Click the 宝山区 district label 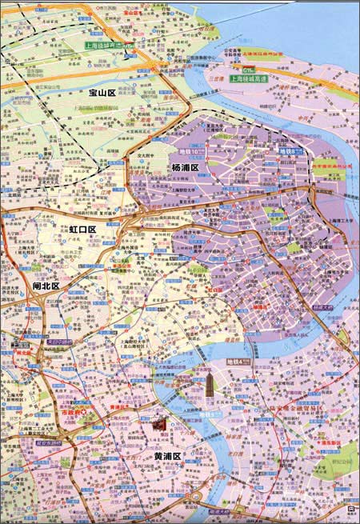[x=102, y=94]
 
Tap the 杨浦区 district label [x=187, y=167]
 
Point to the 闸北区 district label [x=46, y=286]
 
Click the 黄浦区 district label [x=169, y=457]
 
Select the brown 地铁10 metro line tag [x=194, y=150]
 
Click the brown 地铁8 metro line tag [x=288, y=150]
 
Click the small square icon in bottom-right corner [x=350, y=508]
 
